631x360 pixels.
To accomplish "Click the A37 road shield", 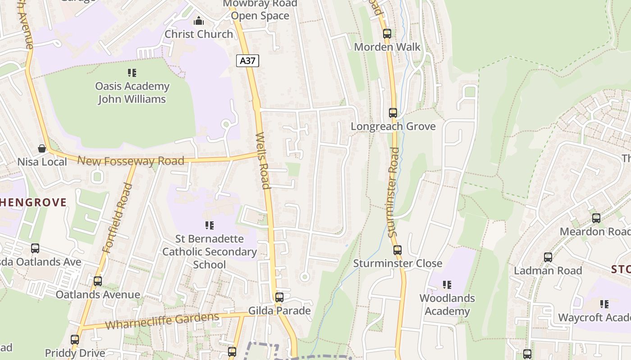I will (247, 61).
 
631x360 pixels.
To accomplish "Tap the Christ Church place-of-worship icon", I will (199, 21).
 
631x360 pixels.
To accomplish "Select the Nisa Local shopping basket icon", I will (42, 148).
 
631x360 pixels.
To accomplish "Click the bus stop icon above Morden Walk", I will (387, 33).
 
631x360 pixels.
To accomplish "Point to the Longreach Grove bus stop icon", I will (393, 113).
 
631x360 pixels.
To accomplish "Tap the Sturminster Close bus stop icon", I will (397, 250).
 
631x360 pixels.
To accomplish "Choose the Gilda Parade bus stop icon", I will (279, 297).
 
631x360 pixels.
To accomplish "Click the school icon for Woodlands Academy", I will (447, 284).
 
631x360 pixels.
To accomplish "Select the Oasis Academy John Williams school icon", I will (132, 72).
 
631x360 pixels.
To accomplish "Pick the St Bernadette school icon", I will (209, 225).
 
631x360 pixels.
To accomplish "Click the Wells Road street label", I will (263, 161).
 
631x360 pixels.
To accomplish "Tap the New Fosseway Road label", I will (131, 161).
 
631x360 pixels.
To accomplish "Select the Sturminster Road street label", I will (394, 192).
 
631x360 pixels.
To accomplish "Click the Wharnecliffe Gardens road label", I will (162, 321).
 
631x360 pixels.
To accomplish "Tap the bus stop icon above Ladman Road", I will (548, 257).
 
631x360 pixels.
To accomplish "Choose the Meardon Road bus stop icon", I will (596, 218).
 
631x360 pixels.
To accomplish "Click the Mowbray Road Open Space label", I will (261, 10).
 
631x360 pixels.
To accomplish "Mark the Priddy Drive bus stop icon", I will (75, 340).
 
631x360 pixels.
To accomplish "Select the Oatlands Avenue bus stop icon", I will (98, 281).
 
